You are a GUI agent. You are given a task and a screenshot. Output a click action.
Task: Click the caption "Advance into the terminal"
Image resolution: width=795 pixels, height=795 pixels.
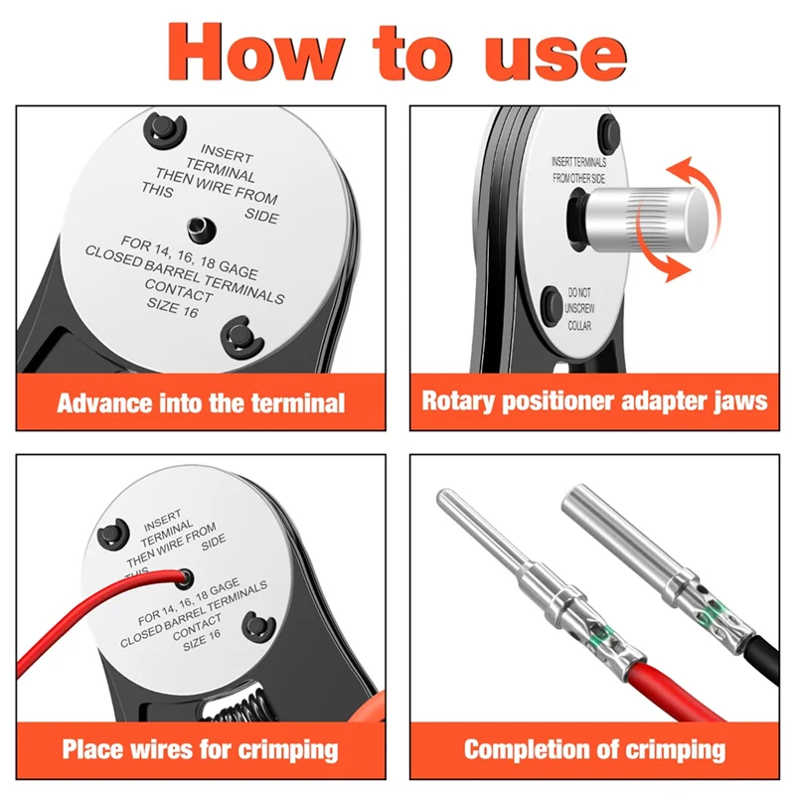coord(201,402)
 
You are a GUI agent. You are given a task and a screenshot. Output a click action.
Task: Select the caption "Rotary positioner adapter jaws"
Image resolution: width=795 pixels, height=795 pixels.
coord(594,401)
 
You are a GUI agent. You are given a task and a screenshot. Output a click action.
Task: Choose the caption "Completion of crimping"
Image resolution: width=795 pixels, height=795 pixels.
coord(594,748)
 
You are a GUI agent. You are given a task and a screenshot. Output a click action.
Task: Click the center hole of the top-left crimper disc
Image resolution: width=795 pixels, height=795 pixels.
coord(202,229)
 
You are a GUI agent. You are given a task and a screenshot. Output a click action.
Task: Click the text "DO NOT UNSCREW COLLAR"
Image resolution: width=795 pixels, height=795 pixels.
coord(578,309)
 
